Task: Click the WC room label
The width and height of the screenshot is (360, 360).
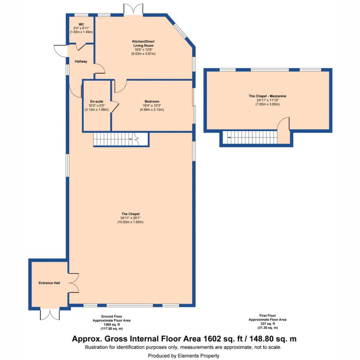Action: (81, 24)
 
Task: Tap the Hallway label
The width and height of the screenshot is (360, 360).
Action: (81, 62)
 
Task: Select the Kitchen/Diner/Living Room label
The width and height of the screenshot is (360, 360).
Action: (143, 43)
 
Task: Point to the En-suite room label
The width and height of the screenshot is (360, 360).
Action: (97, 102)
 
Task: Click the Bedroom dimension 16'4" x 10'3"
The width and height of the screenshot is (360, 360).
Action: (152, 105)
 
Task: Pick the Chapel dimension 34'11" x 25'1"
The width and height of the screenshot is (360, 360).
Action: (130, 218)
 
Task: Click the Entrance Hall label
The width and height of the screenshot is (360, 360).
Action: (49, 283)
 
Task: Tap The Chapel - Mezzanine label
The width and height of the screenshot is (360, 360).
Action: (268, 96)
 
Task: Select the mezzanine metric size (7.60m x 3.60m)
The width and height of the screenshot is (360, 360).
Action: (268, 104)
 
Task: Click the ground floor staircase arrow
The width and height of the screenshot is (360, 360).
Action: (131, 139)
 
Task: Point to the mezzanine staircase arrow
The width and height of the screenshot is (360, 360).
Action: (229, 137)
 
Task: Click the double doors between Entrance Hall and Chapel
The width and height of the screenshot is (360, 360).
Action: (73, 283)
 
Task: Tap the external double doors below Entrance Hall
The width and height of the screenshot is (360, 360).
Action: (50, 315)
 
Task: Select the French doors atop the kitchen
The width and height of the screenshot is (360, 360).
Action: (133, 9)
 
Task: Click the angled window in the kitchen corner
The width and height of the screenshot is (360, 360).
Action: (180, 30)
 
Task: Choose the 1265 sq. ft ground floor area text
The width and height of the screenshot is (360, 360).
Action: (111, 324)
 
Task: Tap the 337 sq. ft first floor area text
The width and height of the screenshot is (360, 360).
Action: (268, 324)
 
